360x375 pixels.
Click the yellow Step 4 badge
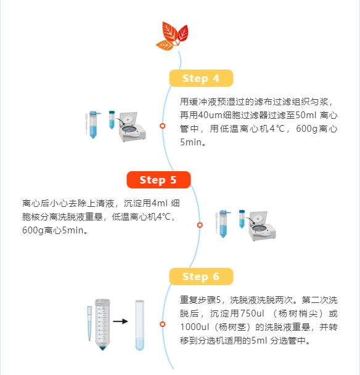tap(201, 78)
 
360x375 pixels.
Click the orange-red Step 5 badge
tap(158, 180)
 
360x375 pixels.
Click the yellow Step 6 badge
tap(201, 276)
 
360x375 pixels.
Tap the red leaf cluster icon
tap(173, 36)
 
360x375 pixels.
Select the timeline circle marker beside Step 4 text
tap(163, 126)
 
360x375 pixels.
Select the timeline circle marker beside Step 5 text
tap(200, 225)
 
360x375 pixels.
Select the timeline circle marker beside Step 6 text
tap(163, 324)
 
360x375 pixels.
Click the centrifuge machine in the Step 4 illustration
tap(133, 127)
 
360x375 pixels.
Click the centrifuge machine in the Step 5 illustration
tap(263, 226)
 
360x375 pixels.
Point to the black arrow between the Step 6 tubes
tap(120, 321)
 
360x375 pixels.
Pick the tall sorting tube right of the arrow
tap(140, 325)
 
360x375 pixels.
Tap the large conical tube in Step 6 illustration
tap(102, 325)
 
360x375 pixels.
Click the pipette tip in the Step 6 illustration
tap(89, 323)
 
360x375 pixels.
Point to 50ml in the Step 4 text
tap(306, 115)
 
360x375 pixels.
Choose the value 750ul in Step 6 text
tap(252, 313)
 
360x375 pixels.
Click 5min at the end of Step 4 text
tap(190, 142)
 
